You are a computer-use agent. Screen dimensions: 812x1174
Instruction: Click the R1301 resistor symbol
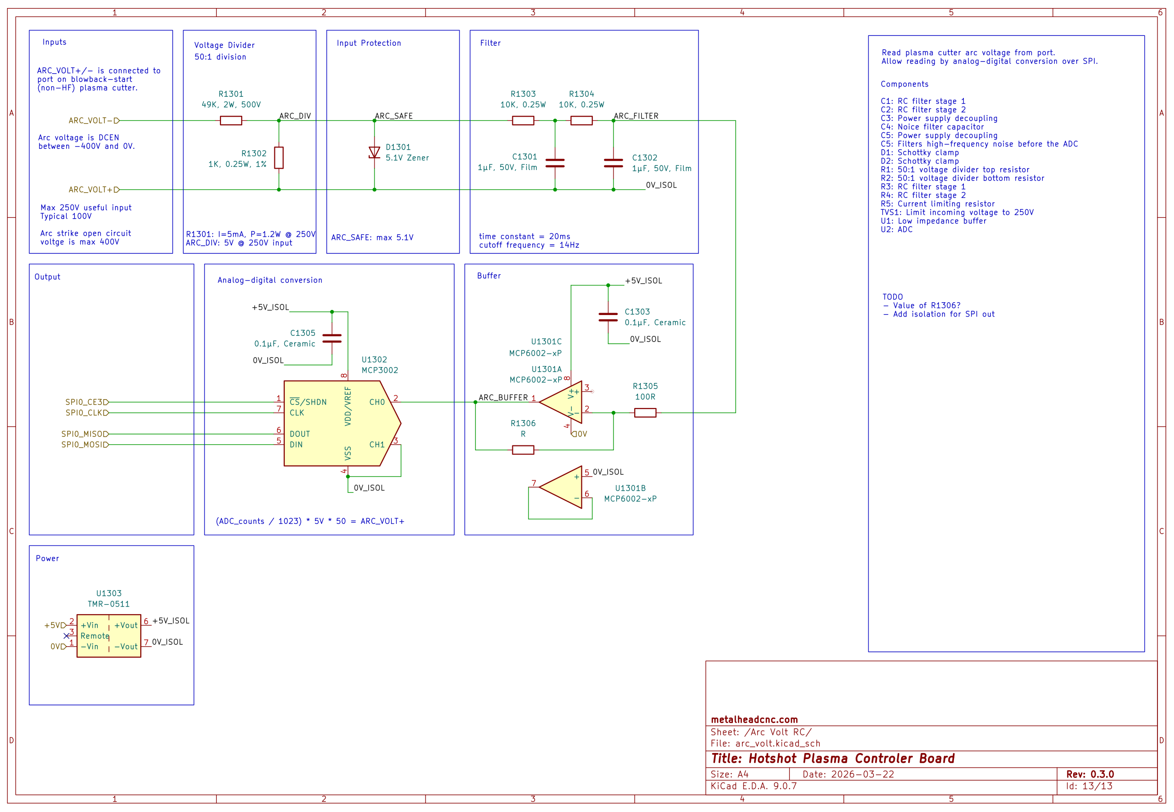231,120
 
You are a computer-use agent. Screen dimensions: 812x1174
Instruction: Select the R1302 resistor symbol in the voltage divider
279,158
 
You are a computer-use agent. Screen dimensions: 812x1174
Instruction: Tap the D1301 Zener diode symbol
374,152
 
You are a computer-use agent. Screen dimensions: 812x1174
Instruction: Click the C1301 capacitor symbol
555,163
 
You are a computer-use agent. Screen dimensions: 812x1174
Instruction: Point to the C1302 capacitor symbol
613,163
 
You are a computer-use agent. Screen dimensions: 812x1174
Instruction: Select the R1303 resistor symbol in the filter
523,120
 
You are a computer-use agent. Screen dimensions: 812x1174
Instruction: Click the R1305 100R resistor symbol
645,413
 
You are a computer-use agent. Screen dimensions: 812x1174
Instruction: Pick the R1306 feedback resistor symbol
523,450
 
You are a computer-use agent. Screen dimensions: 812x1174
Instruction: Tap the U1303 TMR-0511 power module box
109,636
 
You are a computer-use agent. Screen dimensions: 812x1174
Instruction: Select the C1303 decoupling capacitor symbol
608,317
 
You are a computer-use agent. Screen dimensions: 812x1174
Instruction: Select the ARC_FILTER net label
636,116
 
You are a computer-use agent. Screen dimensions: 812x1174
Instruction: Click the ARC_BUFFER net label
503,397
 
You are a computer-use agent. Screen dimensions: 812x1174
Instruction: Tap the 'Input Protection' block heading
369,43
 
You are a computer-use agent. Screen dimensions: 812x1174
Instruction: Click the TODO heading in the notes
892,297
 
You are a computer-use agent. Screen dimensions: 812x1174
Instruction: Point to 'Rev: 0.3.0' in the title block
1089,774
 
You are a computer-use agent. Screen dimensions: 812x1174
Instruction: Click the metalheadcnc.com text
754,719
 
